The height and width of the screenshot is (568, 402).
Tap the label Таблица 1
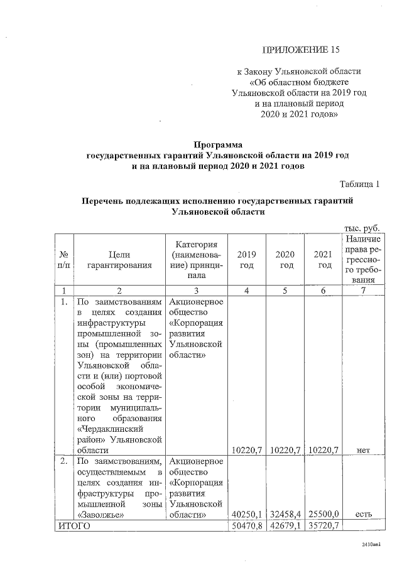click(359, 184)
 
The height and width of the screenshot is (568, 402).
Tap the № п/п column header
click(63, 260)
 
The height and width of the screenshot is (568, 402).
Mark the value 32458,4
click(286, 515)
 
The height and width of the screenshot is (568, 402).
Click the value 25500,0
click(324, 515)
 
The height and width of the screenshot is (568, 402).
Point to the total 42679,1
click(286, 526)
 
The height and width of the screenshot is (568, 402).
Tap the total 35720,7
click(324, 526)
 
